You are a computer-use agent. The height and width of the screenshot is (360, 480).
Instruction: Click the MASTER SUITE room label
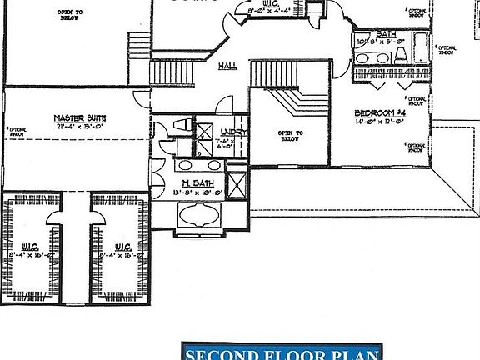click(x=77, y=118)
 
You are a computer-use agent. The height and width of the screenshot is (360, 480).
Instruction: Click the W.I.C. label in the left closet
click(x=30, y=246)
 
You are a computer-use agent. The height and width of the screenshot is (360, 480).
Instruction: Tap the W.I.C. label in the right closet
click(x=121, y=246)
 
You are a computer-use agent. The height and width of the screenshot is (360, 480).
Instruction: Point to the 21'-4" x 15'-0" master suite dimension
click(x=77, y=127)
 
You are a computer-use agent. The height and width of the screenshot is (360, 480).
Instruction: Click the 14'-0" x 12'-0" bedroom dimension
click(x=377, y=121)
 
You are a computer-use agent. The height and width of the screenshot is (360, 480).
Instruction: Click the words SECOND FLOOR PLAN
click(x=282, y=352)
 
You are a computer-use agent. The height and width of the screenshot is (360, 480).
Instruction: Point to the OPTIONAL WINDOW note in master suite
click(x=14, y=132)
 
